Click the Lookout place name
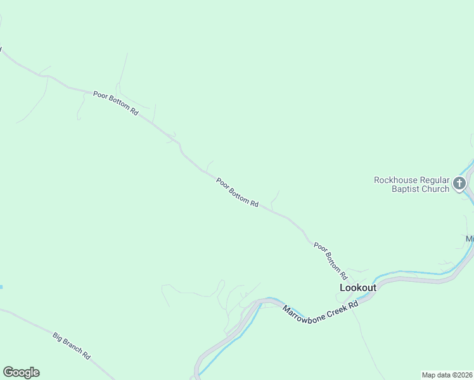358,288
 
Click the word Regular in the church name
433,180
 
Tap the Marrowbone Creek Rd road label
320,311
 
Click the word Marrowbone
304,313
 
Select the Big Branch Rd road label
72,346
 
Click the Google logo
21,372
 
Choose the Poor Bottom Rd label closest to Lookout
331,261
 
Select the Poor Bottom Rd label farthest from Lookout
115,103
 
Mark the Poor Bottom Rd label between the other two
237,193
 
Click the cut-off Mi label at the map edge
470,239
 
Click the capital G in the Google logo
8,372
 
